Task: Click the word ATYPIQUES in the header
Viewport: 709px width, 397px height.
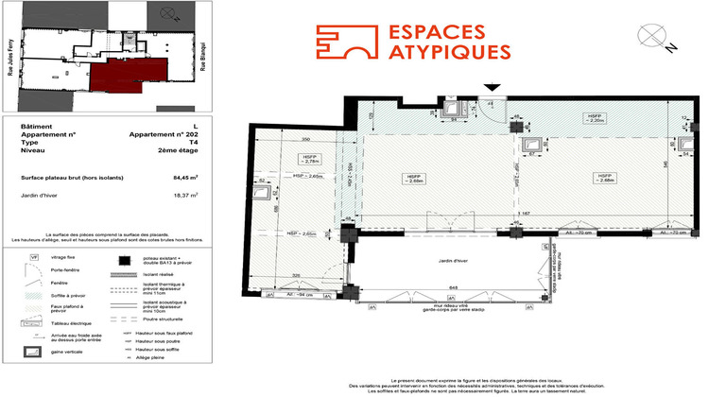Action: click(450, 52)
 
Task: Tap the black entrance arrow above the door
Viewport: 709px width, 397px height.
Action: click(491, 89)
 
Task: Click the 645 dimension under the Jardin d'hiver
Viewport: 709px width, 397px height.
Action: click(453, 288)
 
